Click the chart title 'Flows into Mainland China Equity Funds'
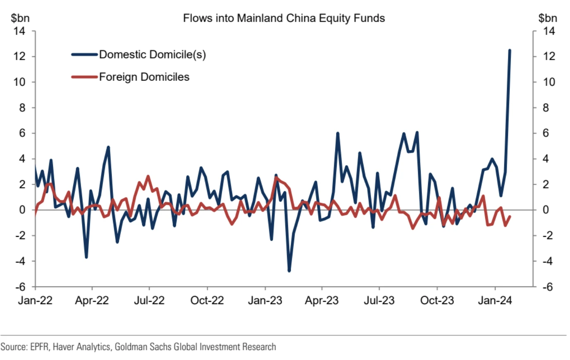click(x=284, y=18)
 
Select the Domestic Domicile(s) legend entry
click(x=152, y=55)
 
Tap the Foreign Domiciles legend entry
click(x=144, y=77)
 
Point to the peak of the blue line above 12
click(x=509, y=50)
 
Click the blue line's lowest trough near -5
click(x=289, y=271)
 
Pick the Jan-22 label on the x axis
click(x=35, y=300)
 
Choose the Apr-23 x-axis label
click(x=321, y=300)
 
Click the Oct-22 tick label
click(x=207, y=300)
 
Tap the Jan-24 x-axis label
click(x=495, y=300)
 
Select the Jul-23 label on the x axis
click(x=379, y=300)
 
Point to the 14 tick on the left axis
click(x=19, y=31)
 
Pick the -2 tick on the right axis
click(x=547, y=235)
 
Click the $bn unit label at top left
click(x=20, y=18)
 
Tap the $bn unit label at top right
click(x=547, y=18)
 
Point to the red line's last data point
click(x=509, y=216)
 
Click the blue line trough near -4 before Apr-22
click(x=86, y=257)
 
